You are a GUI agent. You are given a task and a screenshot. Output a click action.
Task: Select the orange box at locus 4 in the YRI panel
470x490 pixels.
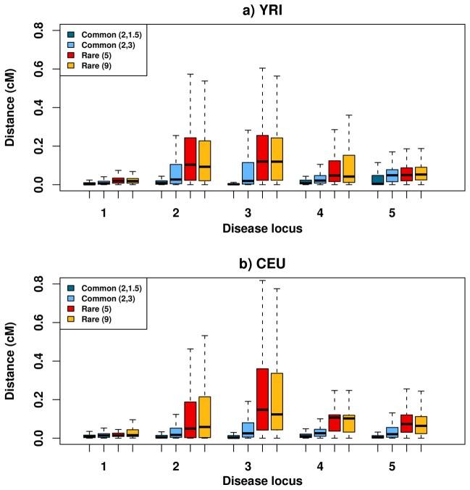pos(348,168)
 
